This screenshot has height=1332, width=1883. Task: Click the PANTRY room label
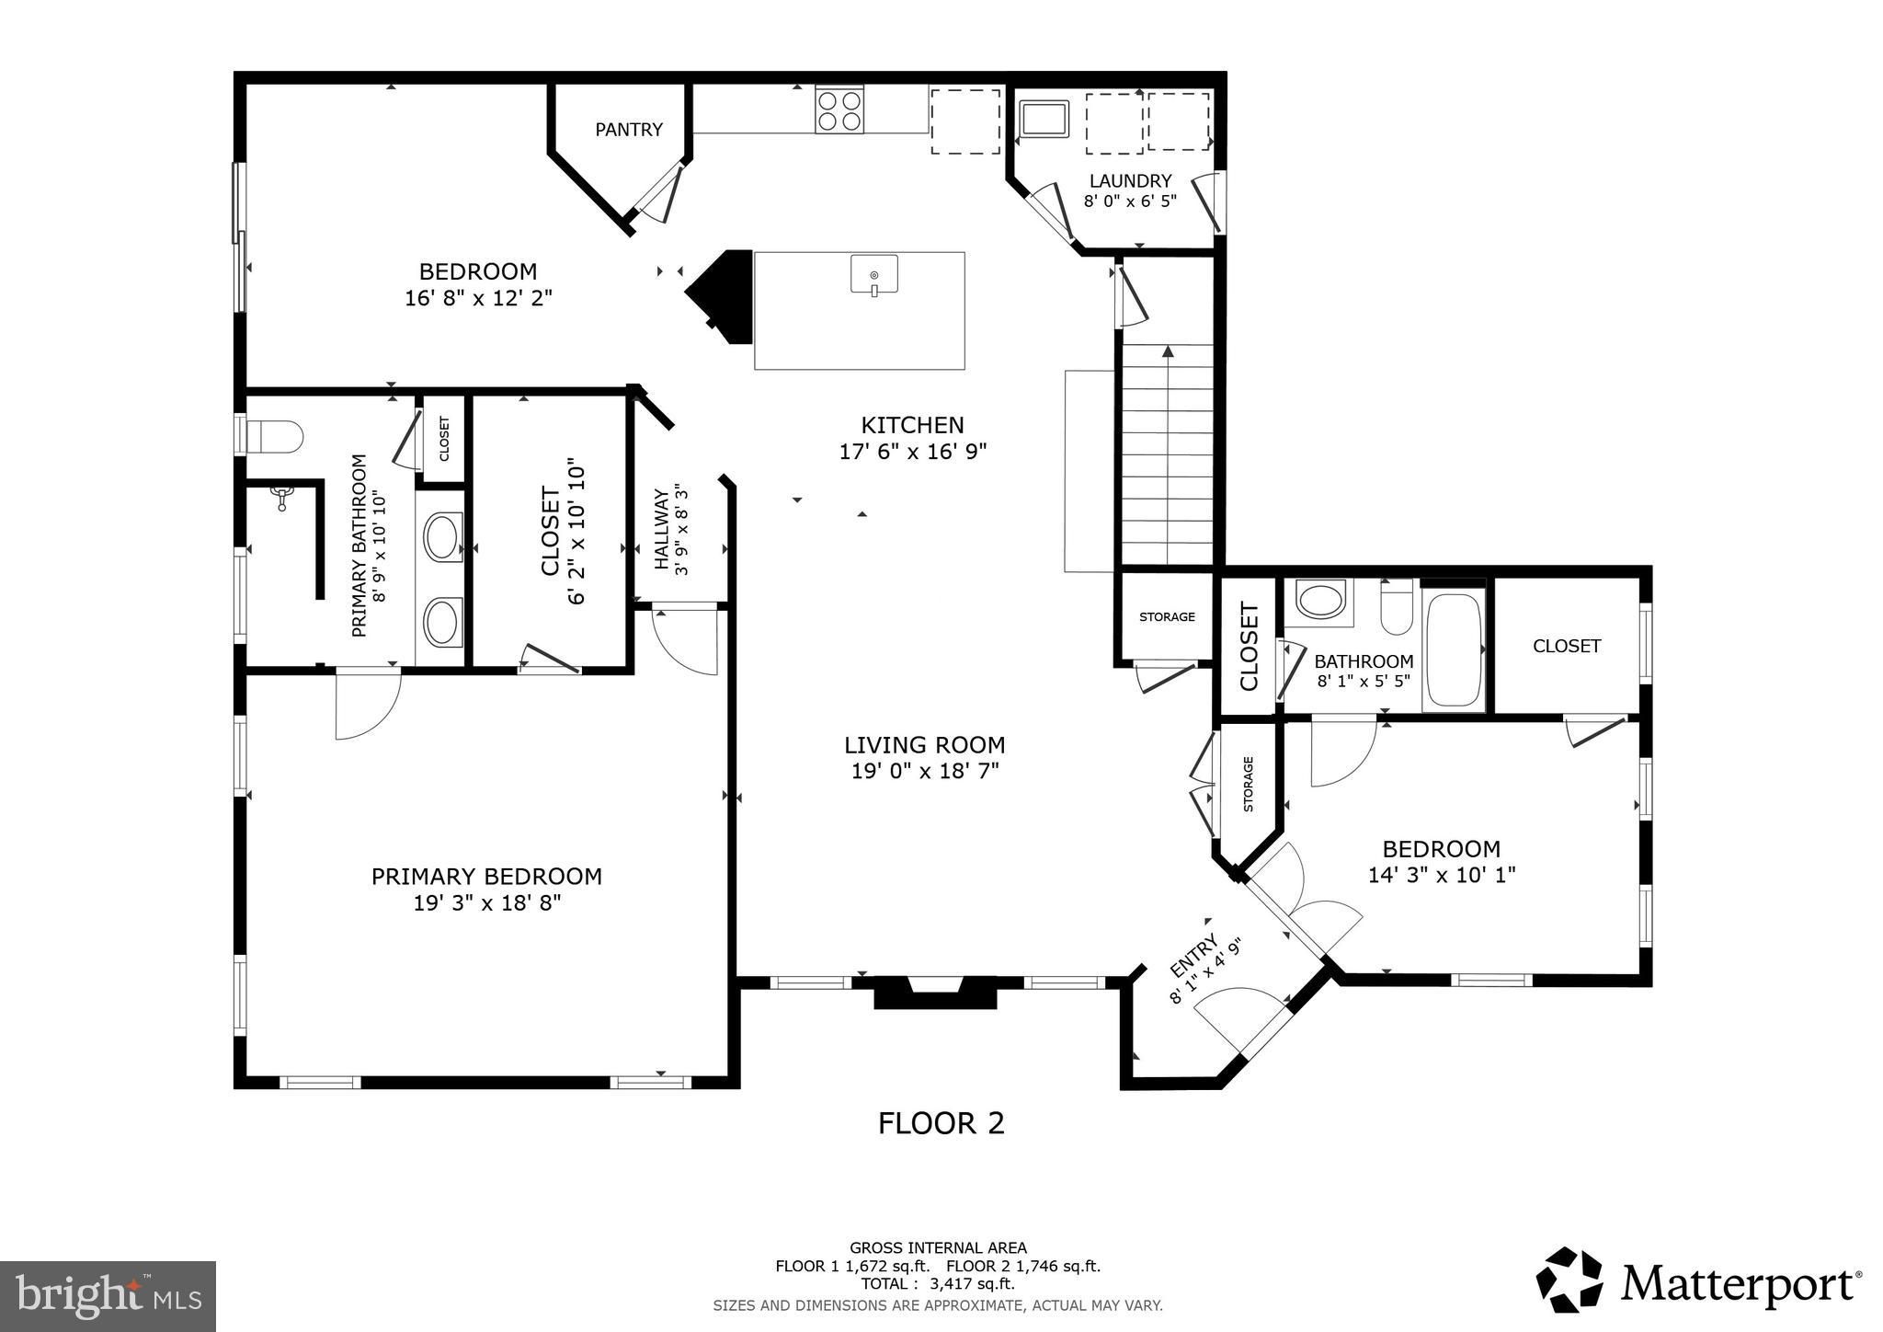pyautogui.click(x=629, y=130)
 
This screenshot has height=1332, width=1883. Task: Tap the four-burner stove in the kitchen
pyautogui.click(x=839, y=109)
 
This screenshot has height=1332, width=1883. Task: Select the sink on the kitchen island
pyautogui.click(x=873, y=276)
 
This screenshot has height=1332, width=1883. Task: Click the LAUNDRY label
pyautogui.click(x=1130, y=181)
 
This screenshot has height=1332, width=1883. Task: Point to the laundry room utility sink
pyautogui.click(x=1044, y=120)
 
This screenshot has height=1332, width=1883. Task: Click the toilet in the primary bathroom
pyautogui.click(x=274, y=437)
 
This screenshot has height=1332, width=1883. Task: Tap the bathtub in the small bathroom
pyautogui.click(x=1454, y=650)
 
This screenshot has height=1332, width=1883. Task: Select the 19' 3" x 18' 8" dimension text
pyautogui.click(x=487, y=903)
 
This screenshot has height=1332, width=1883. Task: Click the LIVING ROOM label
pyautogui.click(x=925, y=745)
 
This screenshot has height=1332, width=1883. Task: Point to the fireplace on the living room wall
pyautogui.click(x=935, y=993)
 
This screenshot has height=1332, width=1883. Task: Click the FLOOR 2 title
pyautogui.click(x=941, y=1123)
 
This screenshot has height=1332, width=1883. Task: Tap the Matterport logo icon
pyautogui.click(x=1569, y=1280)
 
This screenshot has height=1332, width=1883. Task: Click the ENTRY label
pyautogui.click(x=1194, y=957)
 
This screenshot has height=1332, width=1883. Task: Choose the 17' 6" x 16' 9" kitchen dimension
pyautogui.click(x=913, y=452)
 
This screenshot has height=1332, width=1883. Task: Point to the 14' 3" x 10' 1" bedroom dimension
pyautogui.click(x=1442, y=875)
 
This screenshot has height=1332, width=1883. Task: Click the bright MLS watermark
pyautogui.click(x=108, y=1296)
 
